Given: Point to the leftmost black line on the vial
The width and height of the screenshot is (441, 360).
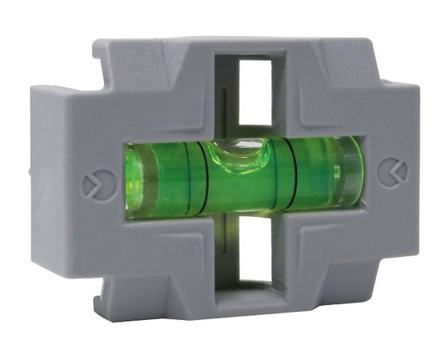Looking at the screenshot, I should pyautogui.click(x=188, y=177).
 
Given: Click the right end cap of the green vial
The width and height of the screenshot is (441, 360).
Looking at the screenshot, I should pyautogui.click(x=350, y=170).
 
